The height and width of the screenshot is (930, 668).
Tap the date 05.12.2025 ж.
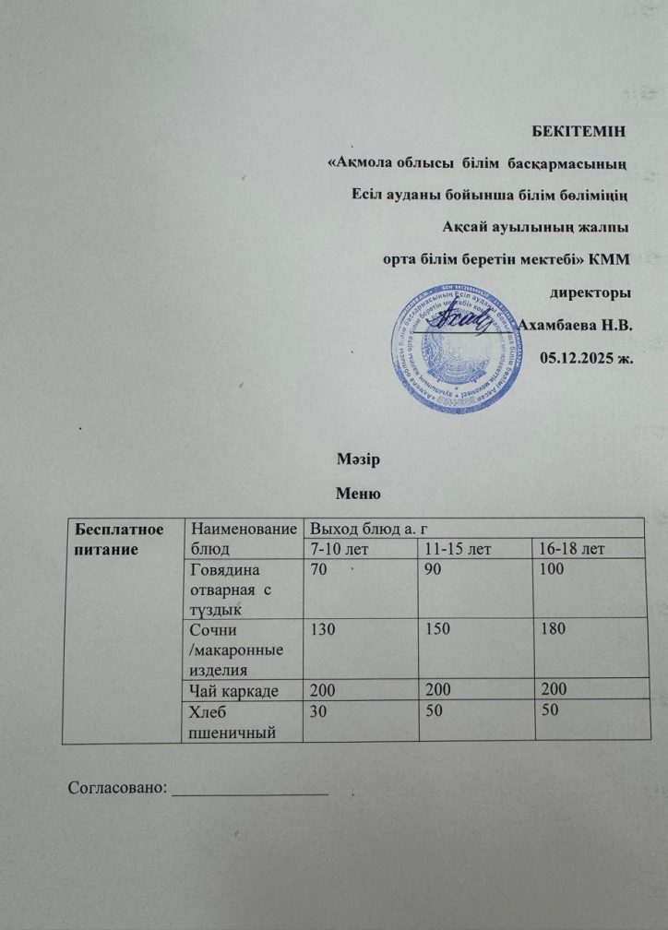coord(586,357)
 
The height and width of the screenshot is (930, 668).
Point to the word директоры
coord(590,292)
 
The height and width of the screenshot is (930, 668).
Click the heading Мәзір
coord(356,459)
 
